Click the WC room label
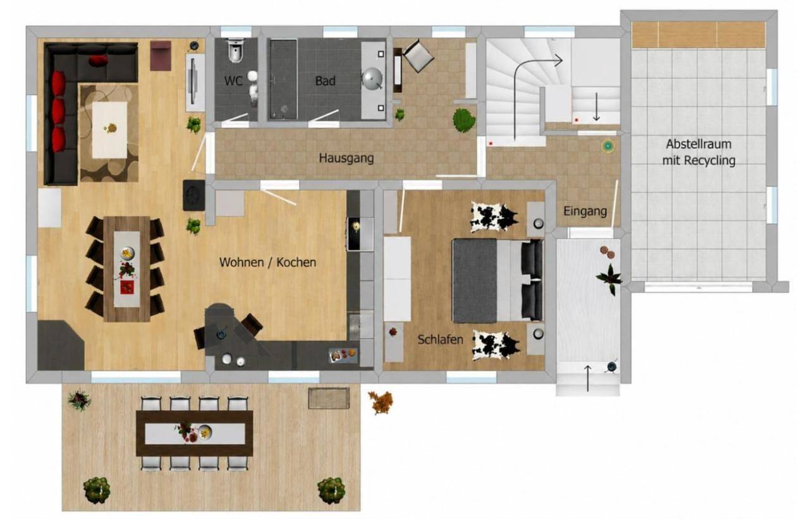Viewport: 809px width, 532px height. pos(233,81)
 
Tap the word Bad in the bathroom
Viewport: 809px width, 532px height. pos(325,81)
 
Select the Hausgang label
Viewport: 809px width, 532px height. pos(346,159)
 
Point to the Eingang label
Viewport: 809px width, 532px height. pos(585,212)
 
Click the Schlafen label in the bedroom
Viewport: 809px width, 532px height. pos(441,339)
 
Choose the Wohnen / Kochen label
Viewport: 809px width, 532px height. pos(267,262)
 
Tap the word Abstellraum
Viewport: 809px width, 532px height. pos(699,144)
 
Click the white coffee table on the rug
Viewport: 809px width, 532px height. pos(109,130)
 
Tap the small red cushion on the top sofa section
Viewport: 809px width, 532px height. pos(98,61)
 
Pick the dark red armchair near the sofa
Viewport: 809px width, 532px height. pos(161,56)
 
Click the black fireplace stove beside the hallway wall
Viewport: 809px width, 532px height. pos(194,195)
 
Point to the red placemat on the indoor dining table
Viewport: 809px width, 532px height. pos(127,287)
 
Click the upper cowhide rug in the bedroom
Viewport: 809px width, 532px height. pos(494,217)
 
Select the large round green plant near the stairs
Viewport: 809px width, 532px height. pos(464,120)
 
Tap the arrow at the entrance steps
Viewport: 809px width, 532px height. pos(588,378)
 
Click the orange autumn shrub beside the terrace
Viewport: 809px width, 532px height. pos(381,402)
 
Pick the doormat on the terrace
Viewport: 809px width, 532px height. pos(329,399)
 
